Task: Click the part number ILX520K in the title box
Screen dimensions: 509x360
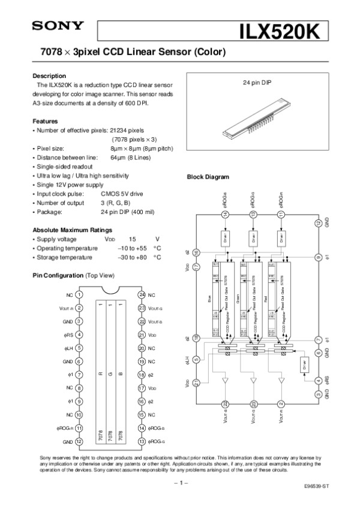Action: pos(284,31)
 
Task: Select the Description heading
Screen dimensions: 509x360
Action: pos(49,76)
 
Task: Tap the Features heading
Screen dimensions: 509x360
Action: pos(45,121)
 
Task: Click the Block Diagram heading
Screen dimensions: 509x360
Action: pos(208,177)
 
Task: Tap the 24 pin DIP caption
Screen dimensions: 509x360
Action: pos(257,83)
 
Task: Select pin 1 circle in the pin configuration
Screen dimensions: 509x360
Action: pos(80,295)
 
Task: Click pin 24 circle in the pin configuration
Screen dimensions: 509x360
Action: pos(142,295)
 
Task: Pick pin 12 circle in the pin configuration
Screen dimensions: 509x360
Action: pos(80,441)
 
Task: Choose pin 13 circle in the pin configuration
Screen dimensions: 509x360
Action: pos(142,441)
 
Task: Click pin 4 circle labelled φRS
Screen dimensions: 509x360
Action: pos(80,335)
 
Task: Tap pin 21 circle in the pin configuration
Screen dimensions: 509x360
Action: pos(142,335)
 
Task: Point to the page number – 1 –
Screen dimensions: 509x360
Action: pos(181,483)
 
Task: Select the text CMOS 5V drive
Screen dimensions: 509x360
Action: pos(122,194)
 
